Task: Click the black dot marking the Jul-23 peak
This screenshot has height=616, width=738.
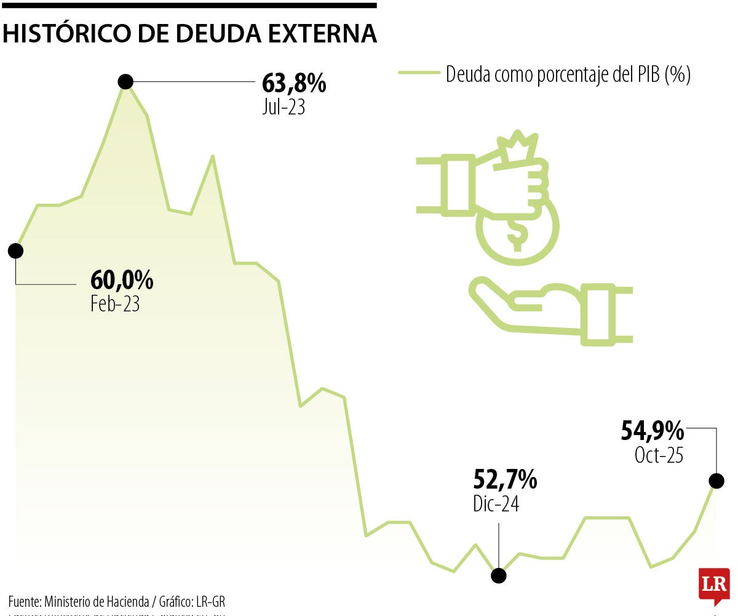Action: [125, 81]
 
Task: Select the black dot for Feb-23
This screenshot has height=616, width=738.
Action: [15, 250]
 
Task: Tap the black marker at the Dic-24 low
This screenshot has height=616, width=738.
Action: [498, 575]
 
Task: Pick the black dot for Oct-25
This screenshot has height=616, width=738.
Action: [716, 481]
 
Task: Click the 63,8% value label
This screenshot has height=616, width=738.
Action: [294, 83]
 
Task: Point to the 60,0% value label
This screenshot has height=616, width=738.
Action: [122, 281]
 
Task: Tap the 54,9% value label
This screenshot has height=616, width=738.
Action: [652, 431]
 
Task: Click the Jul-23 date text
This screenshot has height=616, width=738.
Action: [284, 107]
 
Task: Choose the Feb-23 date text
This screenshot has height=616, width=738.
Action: [115, 303]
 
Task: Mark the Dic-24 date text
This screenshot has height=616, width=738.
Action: [496, 503]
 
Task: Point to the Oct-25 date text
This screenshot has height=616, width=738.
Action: [659, 455]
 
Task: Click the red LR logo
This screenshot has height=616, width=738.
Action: [713, 584]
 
